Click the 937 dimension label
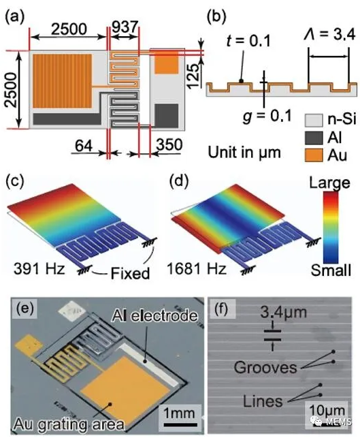125,27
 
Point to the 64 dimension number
84,145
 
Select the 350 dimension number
169,144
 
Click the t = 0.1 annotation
248,42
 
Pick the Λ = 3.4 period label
329,35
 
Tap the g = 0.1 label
267,116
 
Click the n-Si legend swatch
314,121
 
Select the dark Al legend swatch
314,138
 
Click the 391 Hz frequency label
39,268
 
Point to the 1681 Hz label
197,268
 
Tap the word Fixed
130,273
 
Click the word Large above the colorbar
329,183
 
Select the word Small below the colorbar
331,270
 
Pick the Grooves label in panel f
265,367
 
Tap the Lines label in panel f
263,401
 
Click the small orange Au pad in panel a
166,63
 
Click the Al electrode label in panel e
154,315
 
